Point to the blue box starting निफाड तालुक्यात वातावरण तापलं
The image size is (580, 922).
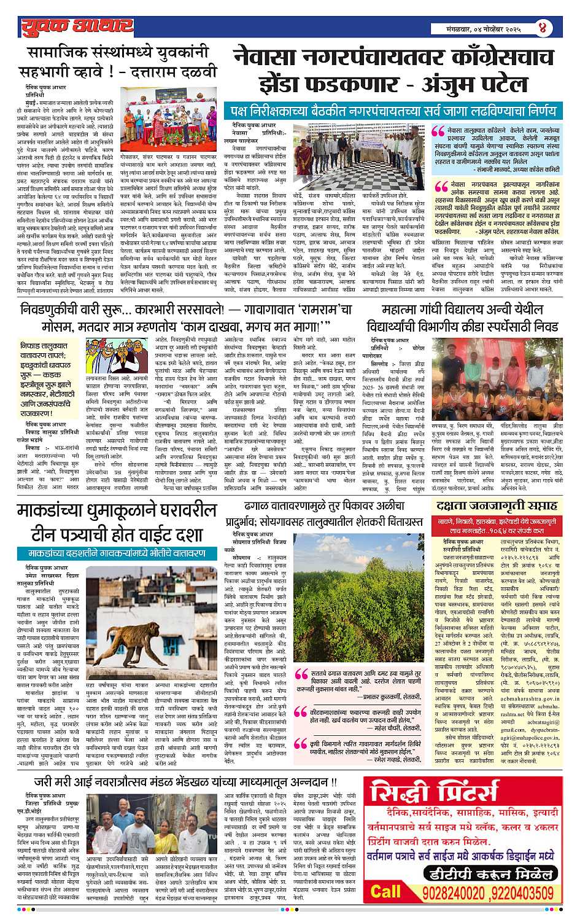tap(51, 379)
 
